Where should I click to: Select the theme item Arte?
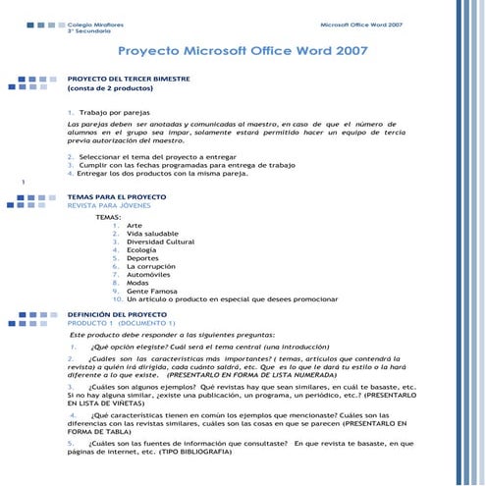pyautogui.click(x=134, y=225)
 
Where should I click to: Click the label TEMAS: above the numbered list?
pyautogui.click(x=108, y=216)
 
